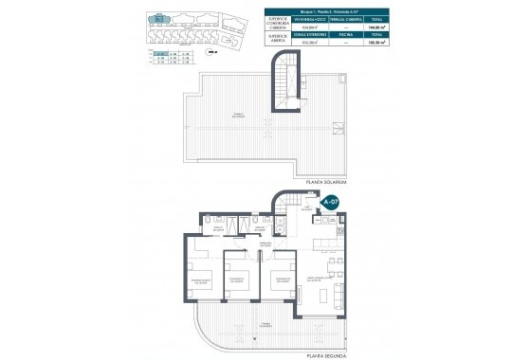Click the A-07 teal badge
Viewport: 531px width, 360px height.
point(330,202)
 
